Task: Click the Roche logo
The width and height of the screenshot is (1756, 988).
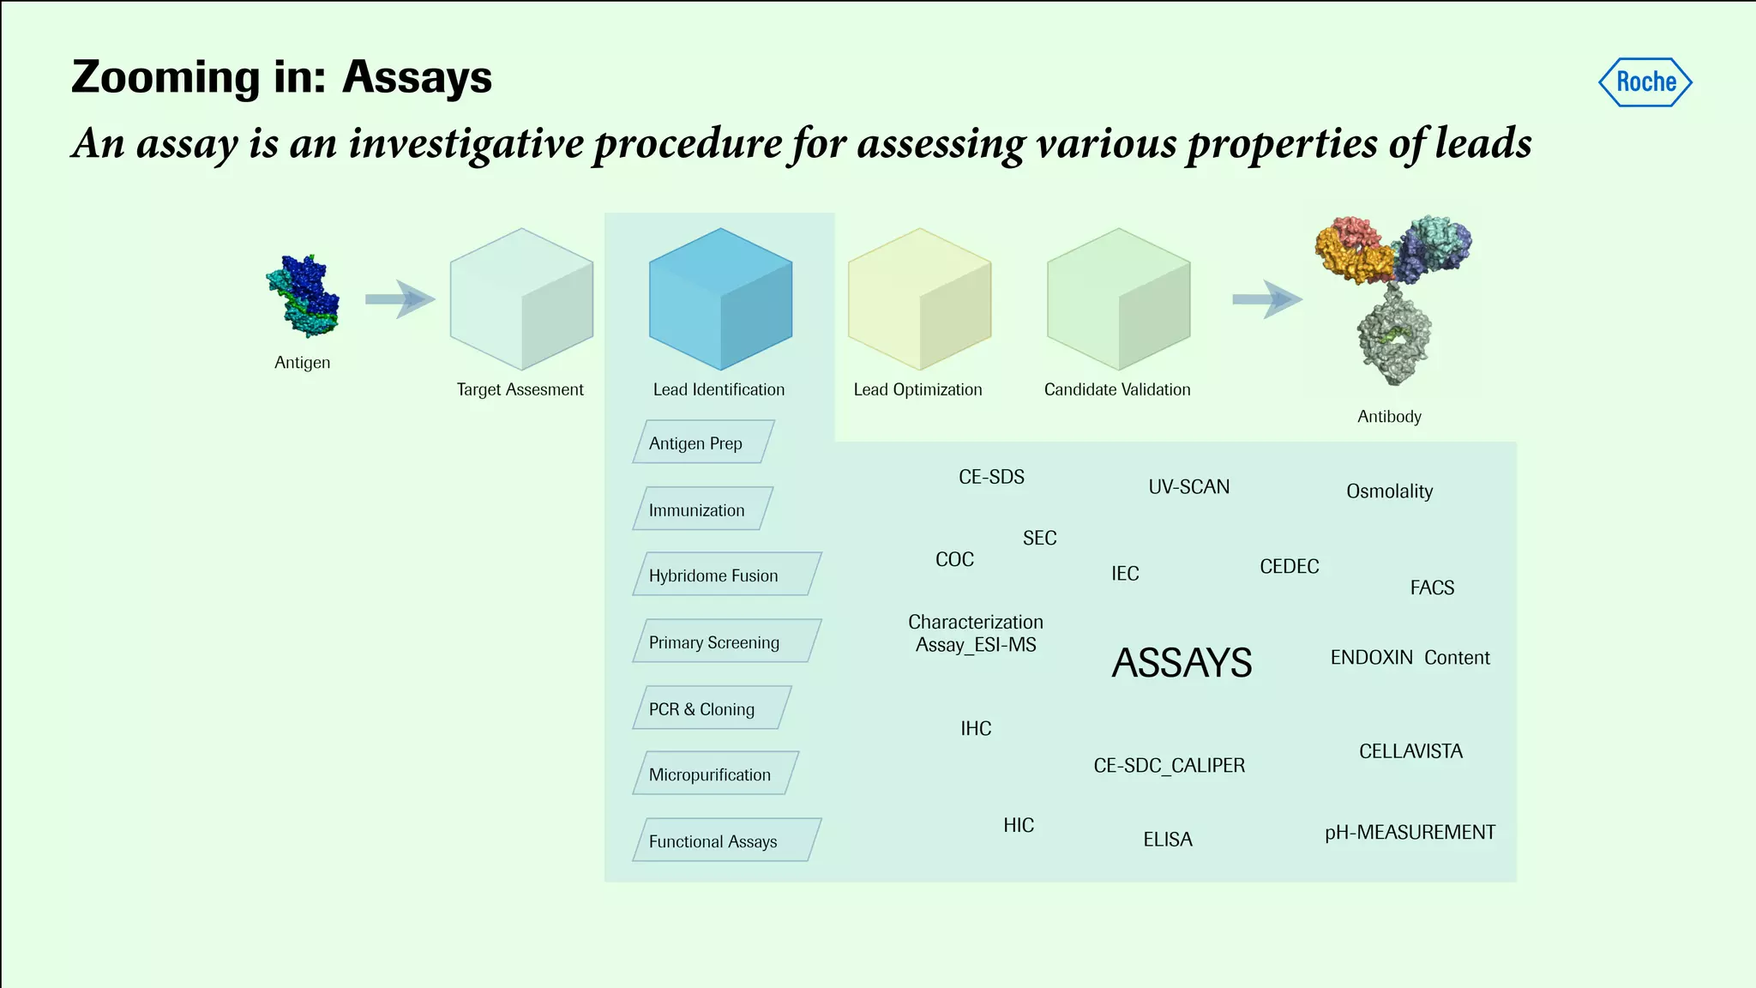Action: [1645, 82]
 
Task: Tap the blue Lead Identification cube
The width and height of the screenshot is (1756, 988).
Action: [720, 298]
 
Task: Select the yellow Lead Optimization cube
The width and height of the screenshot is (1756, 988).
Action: [919, 298]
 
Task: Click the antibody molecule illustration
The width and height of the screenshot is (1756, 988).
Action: [1392, 296]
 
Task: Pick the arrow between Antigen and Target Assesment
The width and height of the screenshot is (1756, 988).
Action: [400, 299]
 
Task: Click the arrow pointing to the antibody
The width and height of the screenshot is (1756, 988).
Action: [1266, 299]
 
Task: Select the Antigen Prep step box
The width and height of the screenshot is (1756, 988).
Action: [703, 443]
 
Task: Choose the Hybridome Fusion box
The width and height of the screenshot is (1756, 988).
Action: [726, 575]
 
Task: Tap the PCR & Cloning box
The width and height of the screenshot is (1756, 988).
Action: [711, 708]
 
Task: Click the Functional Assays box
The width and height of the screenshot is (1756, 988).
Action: [726, 840]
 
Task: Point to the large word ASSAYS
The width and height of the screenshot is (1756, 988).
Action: [1182, 663]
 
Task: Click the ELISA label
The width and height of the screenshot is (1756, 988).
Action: [1167, 840]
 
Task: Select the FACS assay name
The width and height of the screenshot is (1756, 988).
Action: [1432, 588]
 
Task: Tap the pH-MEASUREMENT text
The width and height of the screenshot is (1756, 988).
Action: [1410, 833]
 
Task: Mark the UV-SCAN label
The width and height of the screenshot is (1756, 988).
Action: [1188, 487]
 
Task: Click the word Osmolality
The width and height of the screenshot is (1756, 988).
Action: [1389, 491]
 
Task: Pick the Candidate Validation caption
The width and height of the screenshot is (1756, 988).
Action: [1116, 389]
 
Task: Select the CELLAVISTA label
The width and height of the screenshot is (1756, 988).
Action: [1410, 751]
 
